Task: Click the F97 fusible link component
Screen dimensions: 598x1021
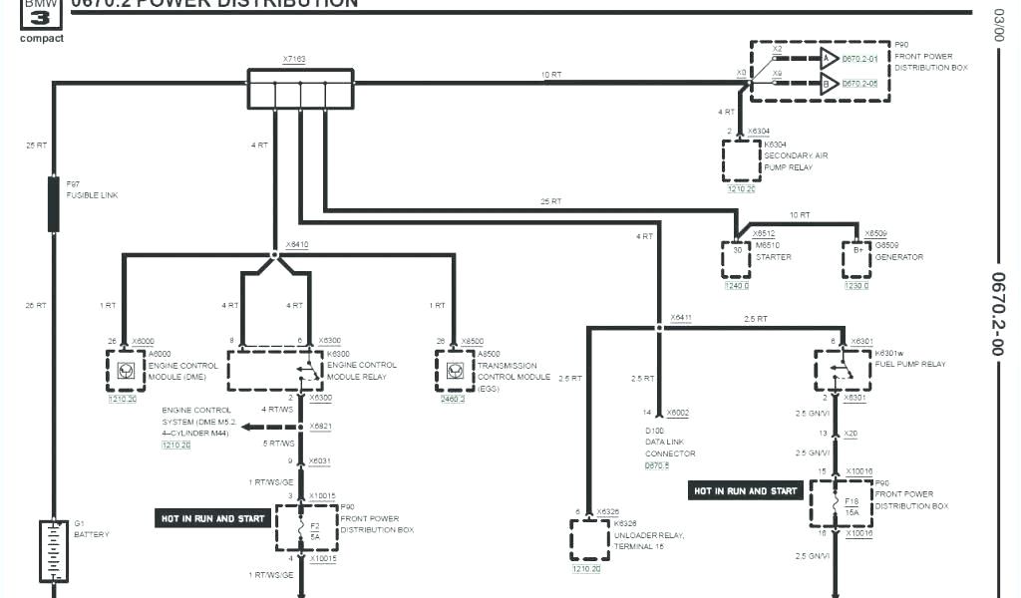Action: [x=54, y=203]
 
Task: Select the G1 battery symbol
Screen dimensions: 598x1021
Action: [x=53, y=549]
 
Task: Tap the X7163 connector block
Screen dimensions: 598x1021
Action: [x=300, y=88]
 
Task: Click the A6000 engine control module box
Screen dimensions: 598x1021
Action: [x=125, y=370]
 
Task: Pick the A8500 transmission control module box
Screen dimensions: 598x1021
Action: [x=454, y=370]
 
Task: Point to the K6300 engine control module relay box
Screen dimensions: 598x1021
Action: [x=275, y=370]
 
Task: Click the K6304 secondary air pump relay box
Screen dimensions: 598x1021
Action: [x=741, y=159]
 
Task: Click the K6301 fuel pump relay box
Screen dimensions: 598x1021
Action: [x=842, y=370]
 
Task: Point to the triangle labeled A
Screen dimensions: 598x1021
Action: [x=828, y=59]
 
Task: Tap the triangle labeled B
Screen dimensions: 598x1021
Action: [x=828, y=85]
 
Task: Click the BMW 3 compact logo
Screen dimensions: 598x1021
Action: [x=41, y=20]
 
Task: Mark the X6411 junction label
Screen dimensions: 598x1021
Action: [x=681, y=318]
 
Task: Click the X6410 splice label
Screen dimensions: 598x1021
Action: [x=297, y=244]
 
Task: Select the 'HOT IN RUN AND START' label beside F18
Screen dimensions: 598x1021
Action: [x=746, y=491]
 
